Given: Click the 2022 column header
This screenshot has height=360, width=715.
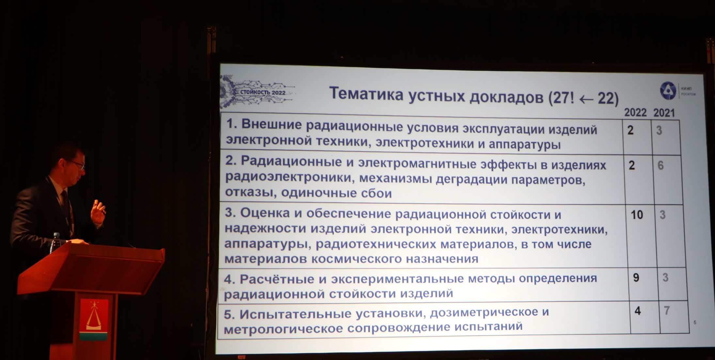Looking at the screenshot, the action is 635,112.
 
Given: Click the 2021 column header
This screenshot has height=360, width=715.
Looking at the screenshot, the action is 664,113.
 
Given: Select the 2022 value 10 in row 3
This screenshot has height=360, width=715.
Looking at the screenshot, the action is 637,215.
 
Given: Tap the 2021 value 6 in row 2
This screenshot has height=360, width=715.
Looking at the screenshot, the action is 660,165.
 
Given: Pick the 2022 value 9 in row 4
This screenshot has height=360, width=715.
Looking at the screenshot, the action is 636,278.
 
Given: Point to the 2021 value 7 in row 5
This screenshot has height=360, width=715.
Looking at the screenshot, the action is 667,310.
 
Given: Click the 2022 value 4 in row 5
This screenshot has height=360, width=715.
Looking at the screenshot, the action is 638,311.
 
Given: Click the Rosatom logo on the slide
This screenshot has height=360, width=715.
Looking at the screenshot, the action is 668,90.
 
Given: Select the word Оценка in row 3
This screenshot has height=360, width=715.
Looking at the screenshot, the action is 265,213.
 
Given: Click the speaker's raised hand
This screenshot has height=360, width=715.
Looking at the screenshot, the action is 98,211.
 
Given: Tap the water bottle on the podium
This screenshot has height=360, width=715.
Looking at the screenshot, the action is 56,243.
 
